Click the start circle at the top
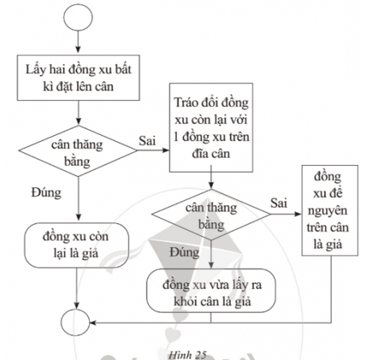[79, 18]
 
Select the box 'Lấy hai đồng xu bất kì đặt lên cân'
[79, 78]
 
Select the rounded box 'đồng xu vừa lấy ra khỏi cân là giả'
[211, 291]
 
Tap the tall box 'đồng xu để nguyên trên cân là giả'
[330, 209]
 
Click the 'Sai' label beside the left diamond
[147, 141]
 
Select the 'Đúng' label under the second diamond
[183, 251]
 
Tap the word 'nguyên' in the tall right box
[330, 210]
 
